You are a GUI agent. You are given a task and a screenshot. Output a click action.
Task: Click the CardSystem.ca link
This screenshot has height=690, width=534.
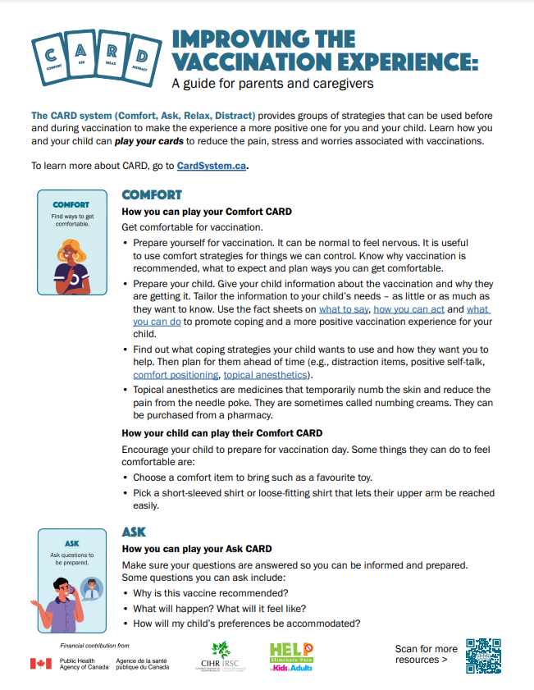[212, 166]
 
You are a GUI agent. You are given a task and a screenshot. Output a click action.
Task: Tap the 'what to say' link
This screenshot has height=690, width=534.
[344, 309]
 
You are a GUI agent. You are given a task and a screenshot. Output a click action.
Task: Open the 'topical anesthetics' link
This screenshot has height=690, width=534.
[264, 375]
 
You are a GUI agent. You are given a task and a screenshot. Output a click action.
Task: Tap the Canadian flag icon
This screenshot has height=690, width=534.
[41, 663]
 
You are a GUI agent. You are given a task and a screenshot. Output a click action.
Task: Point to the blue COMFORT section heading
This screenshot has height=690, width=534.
[152, 194]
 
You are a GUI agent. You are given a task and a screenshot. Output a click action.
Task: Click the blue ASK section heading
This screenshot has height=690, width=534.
[135, 532]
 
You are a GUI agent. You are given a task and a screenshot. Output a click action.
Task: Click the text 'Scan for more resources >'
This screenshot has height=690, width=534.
[426, 654]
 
